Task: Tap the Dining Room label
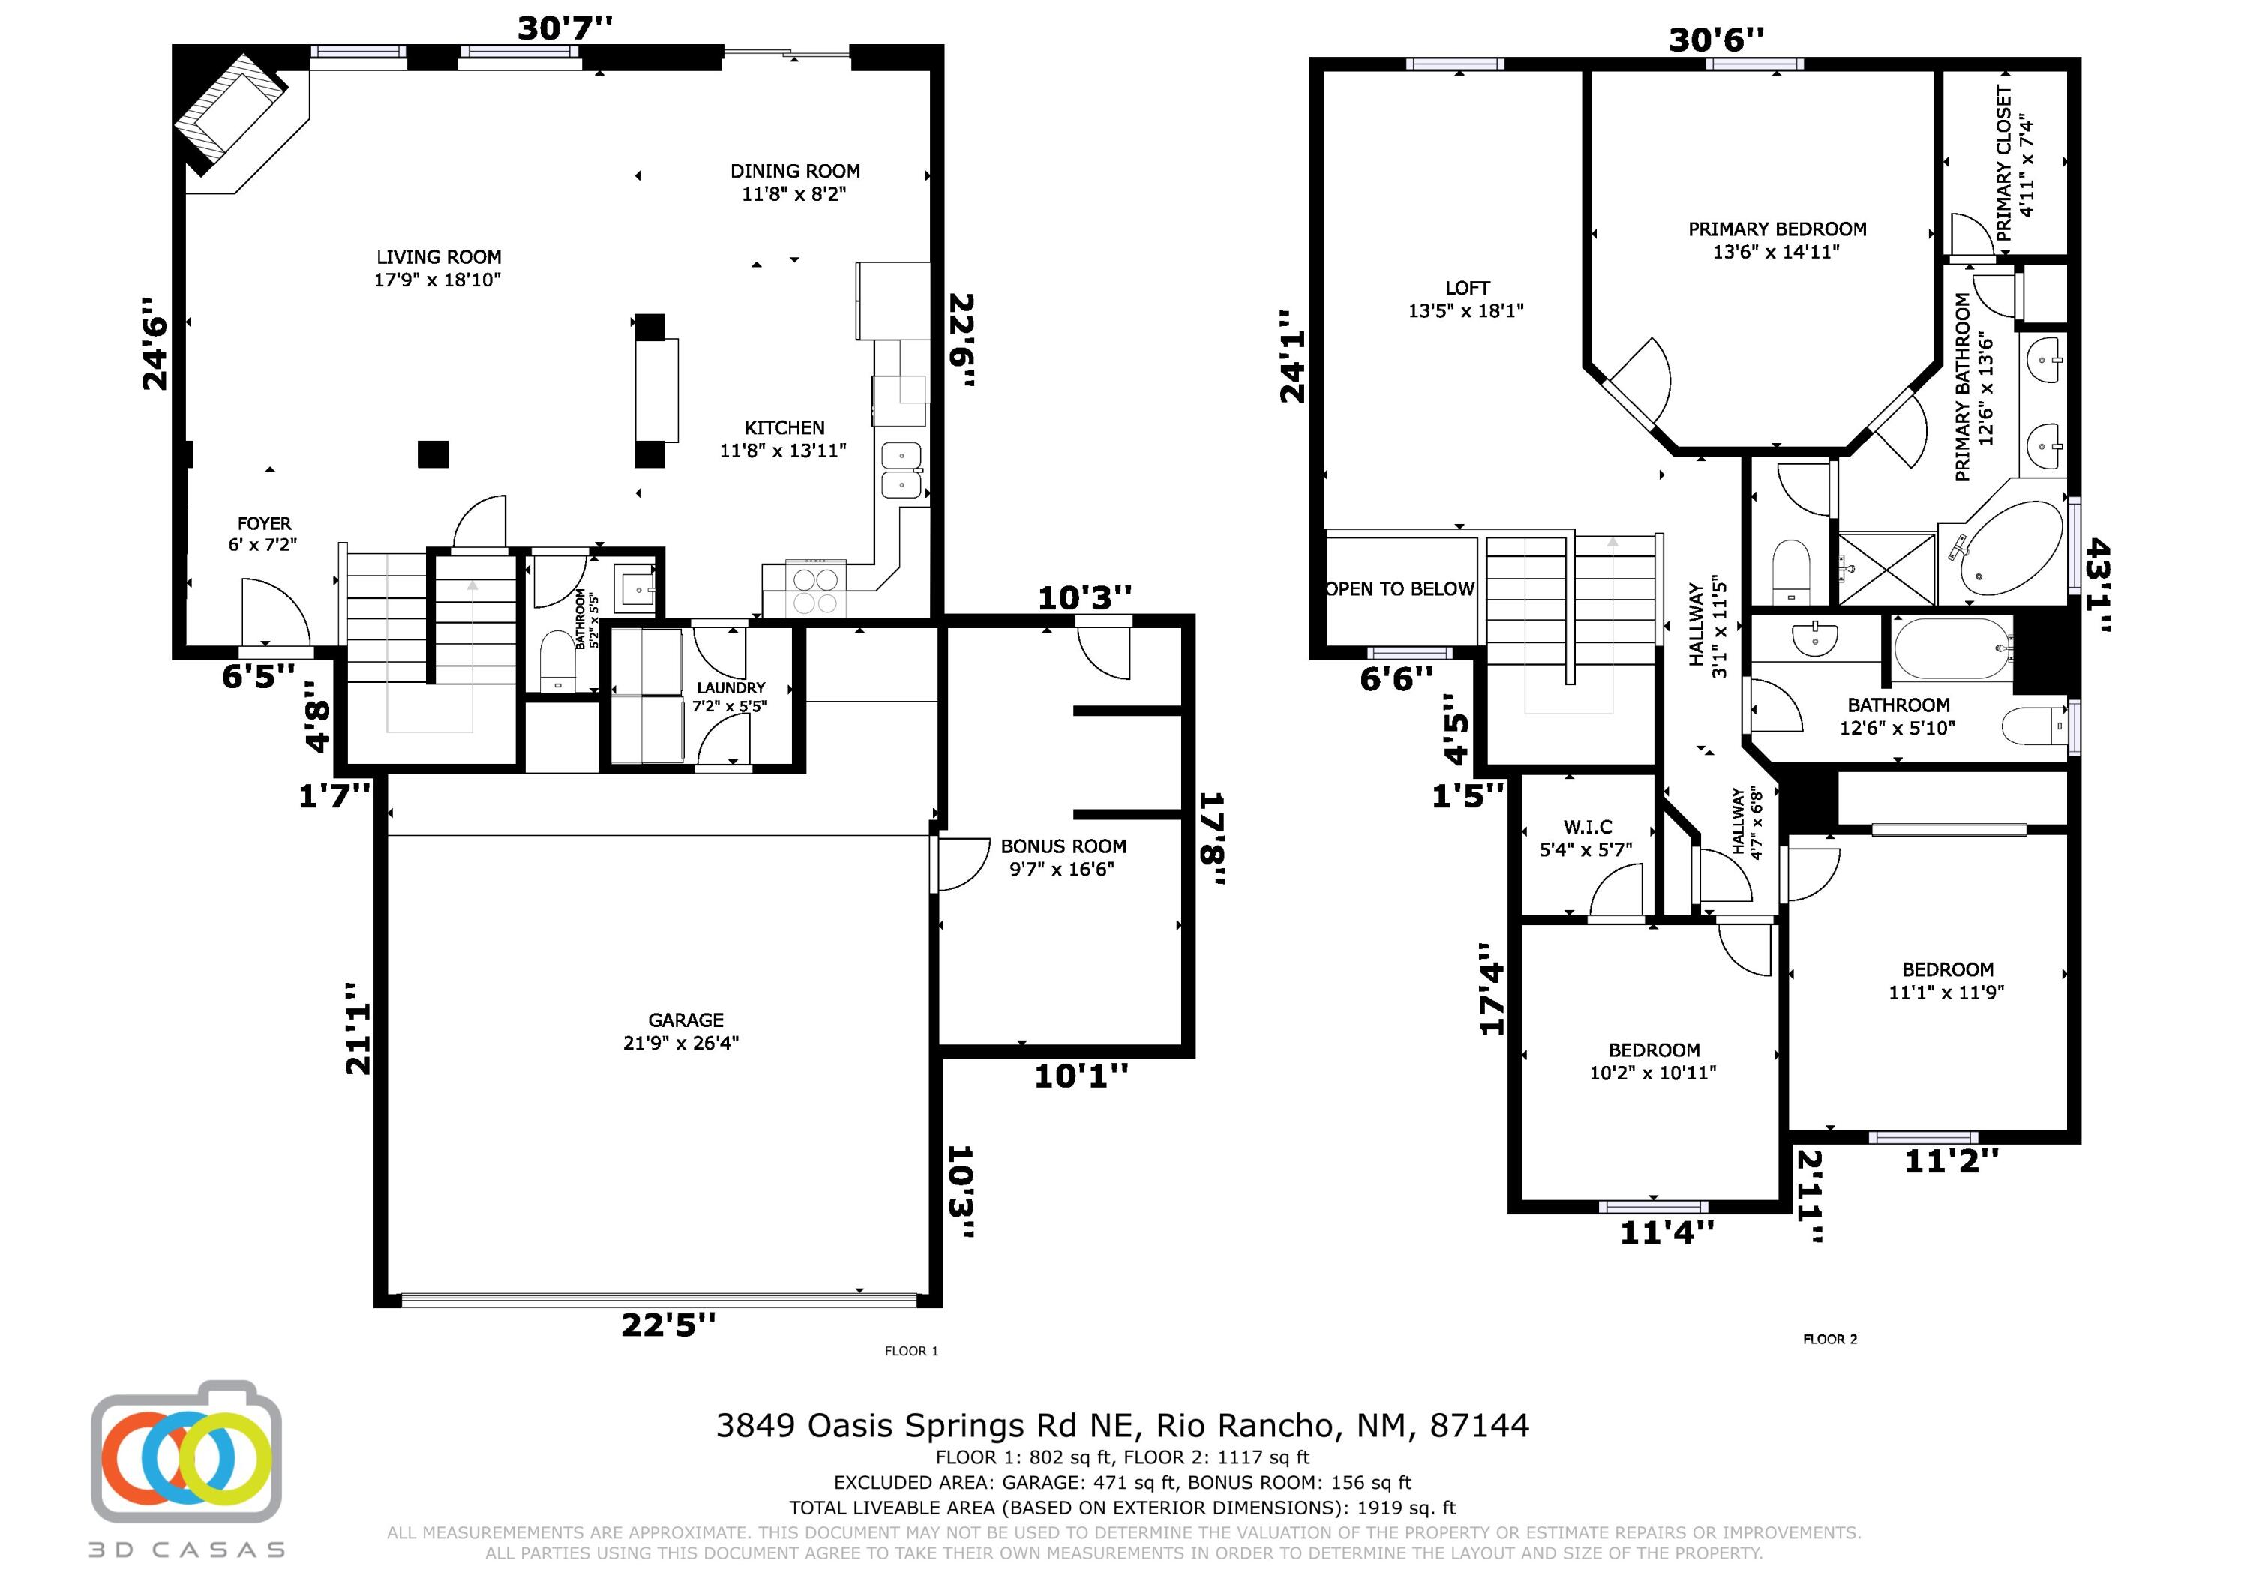[795, 182]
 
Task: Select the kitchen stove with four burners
[816, 590]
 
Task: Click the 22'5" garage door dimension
[668, 1325]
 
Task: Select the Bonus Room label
[1063, 857]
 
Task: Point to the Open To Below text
[1399, 588]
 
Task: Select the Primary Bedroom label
[1777, 240]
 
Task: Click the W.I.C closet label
[1586, 837]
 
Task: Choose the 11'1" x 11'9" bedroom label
[1947, 980]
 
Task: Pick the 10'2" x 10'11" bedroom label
[1653, 1061]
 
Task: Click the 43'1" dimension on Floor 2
[2097, 585]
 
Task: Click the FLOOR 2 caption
[1829, 1339]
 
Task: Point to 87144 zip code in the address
[1479, 1424]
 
